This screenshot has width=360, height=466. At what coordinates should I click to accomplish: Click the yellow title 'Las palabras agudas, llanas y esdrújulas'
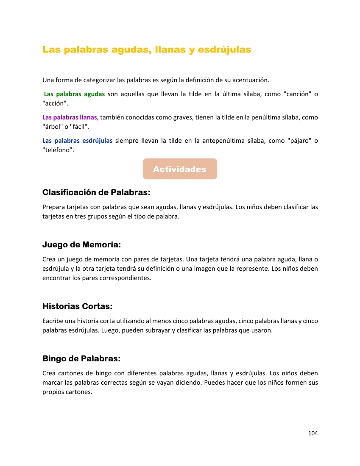tap(147, 50)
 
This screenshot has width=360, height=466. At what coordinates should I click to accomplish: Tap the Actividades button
tap(180, 169)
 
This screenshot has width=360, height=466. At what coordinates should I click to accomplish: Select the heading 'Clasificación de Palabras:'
tap(96, 192)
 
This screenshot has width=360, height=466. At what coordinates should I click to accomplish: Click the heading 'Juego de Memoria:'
tap(81, 244)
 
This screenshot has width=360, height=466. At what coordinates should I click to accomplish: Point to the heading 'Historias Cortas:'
tap(77, 306)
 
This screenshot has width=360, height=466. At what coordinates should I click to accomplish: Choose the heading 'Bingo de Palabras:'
tap(81, 359)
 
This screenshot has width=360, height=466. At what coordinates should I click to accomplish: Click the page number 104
tap(313, 433)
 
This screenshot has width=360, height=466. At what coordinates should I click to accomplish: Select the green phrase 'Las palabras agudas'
tap(74, 94)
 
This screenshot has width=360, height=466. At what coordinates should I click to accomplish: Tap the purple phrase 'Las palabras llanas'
tap(70, 117)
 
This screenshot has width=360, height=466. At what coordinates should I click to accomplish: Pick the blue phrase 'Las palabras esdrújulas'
tap(78, 141)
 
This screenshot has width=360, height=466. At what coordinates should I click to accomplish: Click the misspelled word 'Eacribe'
tap(53, 321)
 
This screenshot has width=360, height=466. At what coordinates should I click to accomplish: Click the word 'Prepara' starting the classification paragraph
tap(54, 207)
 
